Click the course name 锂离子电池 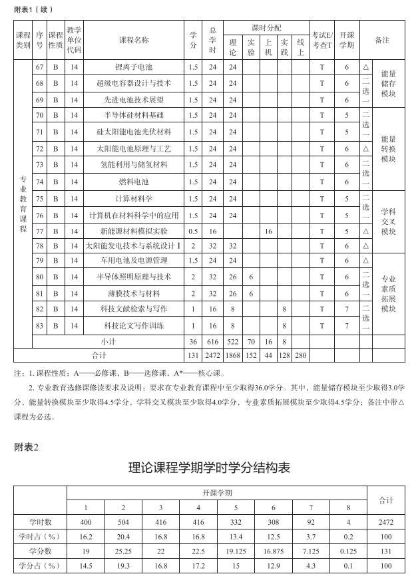(x=134, y=67)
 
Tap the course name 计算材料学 (x=134, y=198)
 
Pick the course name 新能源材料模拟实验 (x=134, y=231)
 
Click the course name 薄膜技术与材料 (x=134, y=293)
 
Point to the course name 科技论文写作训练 (x=134, y=325)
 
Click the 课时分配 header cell (x=266, y=28)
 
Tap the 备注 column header (x=382, y=40)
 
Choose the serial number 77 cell (x=39, y=231)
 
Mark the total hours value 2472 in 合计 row (x=213, y=355)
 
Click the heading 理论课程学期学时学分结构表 (x=210, y=468)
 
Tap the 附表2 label (x=27, y=447)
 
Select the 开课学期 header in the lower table (x=217, y=493)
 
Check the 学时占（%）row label (x=40, y=536)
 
